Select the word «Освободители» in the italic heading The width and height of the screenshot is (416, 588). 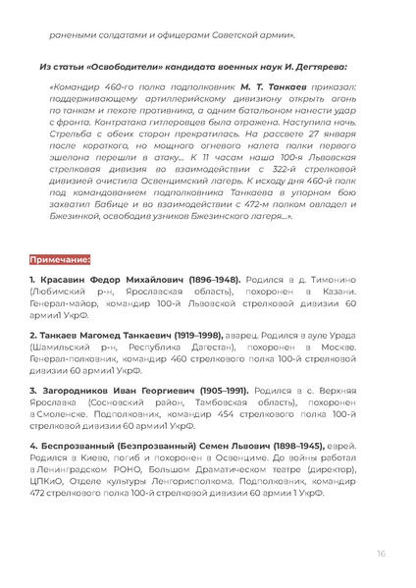click(x=121, y=69)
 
